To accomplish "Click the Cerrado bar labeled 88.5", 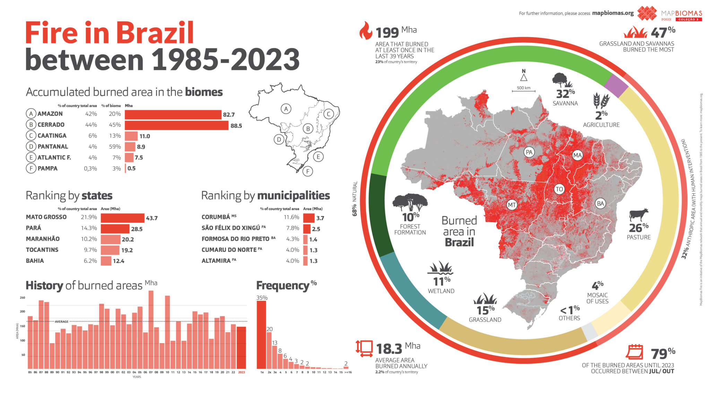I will pos(176,125).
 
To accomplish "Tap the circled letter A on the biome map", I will pos(286,109).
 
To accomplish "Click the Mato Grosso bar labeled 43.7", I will pos(122,218).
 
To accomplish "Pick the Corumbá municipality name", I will pos(216,217).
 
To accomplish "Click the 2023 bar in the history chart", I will pos(241,347).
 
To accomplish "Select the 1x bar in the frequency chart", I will pos(261,335).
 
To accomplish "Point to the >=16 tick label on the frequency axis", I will pos(348,372).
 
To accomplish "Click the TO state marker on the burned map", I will pos(559,189).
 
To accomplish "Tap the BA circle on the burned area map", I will pos(600,203).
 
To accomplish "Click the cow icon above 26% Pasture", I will pos(639,215).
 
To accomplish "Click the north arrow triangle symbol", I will pos(523,77).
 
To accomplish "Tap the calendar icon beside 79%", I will pos(634,352).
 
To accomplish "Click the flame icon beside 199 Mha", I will pos(365,31).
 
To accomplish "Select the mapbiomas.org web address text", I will pos(613,13).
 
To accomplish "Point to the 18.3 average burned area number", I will pos(389,349).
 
